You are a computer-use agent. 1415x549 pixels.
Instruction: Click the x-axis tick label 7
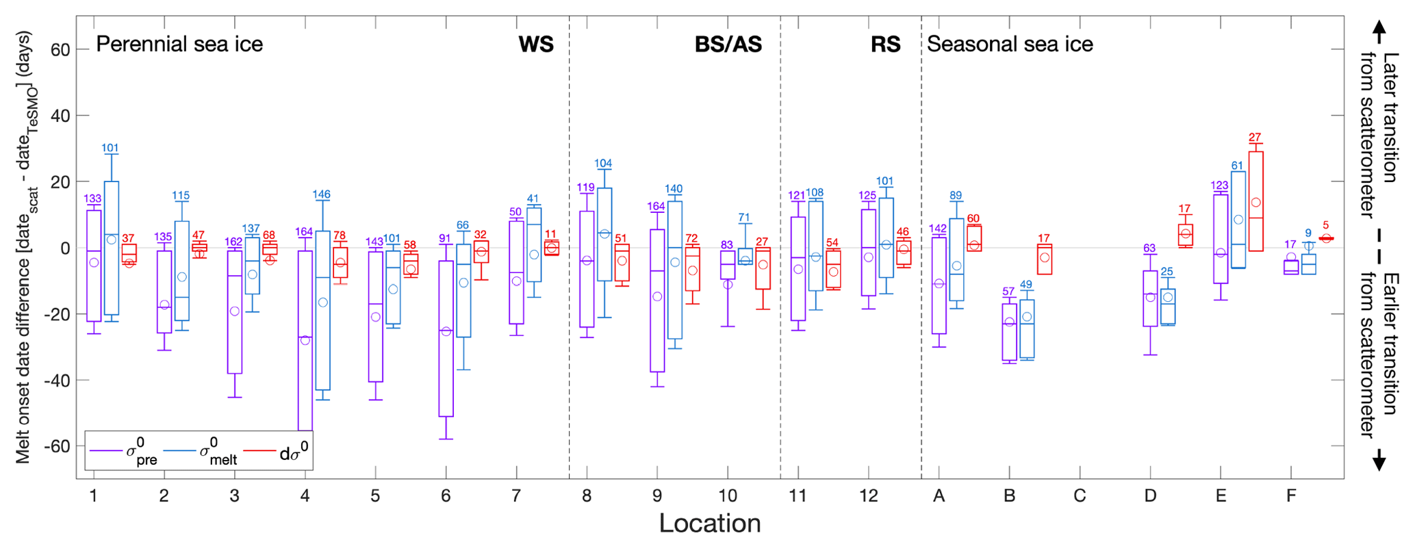[516, 496]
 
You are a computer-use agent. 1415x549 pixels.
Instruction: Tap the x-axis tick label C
[1080, 496]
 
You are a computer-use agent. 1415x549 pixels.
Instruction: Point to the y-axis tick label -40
[56, 380]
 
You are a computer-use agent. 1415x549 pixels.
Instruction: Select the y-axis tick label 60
[60, 49]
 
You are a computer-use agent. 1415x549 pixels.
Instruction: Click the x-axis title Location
[710, 524]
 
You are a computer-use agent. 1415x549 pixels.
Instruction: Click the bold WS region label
[536, 44]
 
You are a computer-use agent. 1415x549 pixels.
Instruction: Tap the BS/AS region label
[728, 44]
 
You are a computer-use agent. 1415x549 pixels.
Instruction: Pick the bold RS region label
[885, 44]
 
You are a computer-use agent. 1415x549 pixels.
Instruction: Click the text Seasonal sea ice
[1010, 44]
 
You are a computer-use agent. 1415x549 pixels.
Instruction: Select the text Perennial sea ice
[179, 44]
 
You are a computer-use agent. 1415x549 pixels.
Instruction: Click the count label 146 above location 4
[322, 194]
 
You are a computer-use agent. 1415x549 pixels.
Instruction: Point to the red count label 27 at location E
[1255, 138]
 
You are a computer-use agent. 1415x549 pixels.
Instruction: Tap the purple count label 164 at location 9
[656, 206]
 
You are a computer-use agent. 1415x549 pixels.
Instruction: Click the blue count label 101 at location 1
[110, 148]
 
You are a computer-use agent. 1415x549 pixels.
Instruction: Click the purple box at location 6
[446, 338]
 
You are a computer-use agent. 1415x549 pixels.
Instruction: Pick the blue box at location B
[1027, 329]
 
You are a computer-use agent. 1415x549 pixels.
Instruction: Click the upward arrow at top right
[1379, 31]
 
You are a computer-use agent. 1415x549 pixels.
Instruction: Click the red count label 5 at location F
[1326, 225]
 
